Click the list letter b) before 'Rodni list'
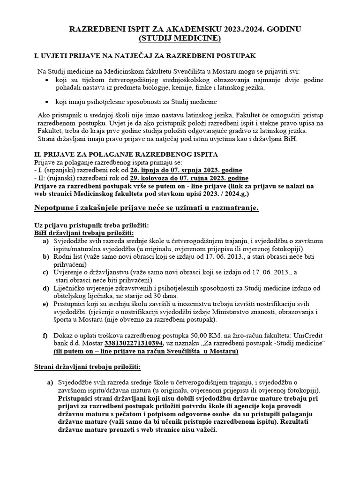pyautogui.click(x=45, y=257)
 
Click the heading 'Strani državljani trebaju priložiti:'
pyautogui.click(x=88, y=367)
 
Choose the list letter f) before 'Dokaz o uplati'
pyautogui.click(x=45, y=335)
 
